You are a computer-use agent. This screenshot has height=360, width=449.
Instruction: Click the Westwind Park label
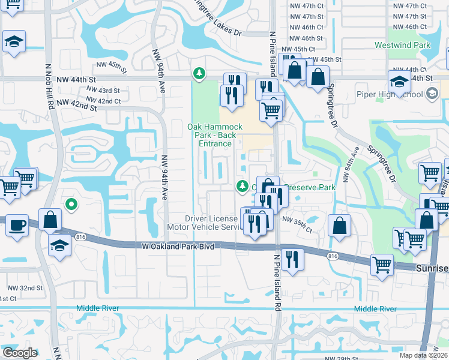click(403, 45)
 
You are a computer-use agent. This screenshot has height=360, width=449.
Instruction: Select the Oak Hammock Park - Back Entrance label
click(214, 135)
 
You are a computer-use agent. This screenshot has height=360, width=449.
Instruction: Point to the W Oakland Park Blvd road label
click(178, 246)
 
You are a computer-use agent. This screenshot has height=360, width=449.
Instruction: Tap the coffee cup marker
click(16, 226)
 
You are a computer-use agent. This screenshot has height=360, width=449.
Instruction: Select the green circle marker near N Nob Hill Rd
click(71, 205)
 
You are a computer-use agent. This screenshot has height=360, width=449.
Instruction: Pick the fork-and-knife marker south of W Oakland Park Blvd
click(292, 259)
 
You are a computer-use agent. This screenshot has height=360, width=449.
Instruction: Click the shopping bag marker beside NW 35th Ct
click(340, 226)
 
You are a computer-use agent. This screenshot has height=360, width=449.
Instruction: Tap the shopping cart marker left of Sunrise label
click(382, 264)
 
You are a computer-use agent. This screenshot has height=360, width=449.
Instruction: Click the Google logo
click(20, 353)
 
